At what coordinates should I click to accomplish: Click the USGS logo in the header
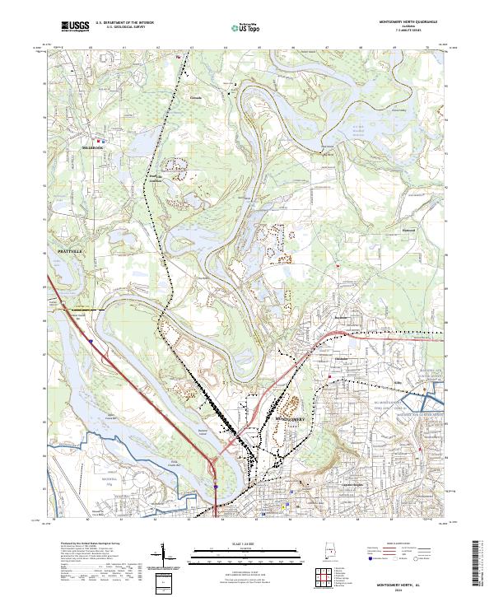(x=75, y=26)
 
